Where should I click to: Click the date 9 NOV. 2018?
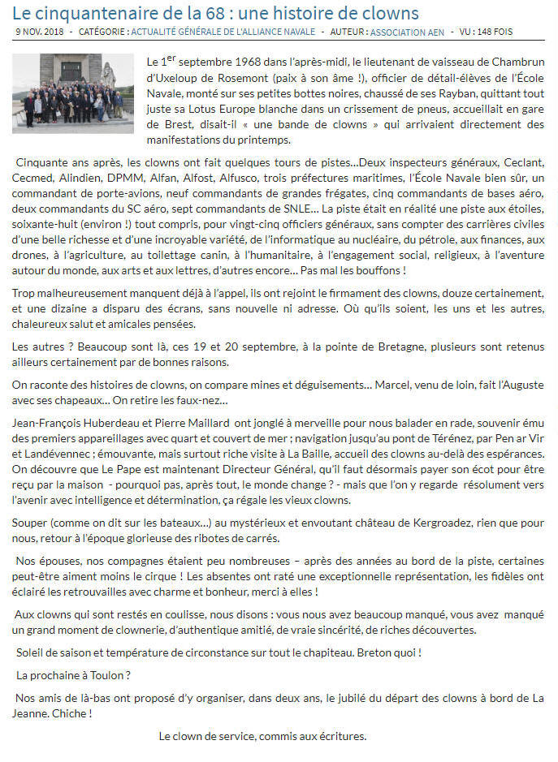pos(39,32)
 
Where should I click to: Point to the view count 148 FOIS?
pos(503,32)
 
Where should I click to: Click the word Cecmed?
pos(35,177)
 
